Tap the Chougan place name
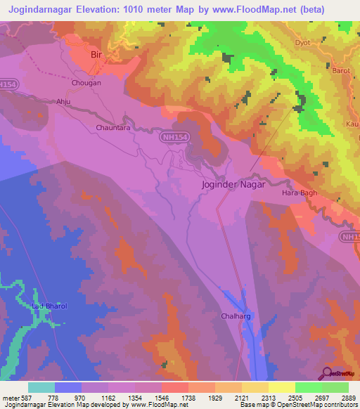[86, 83]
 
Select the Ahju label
[64, 101]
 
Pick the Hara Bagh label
[300, 193]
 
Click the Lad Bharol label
[49, 307]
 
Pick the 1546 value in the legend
[162, 397]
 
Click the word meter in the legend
[12, 397]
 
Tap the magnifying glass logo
[325, 373]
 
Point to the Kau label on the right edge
[353, 124]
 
